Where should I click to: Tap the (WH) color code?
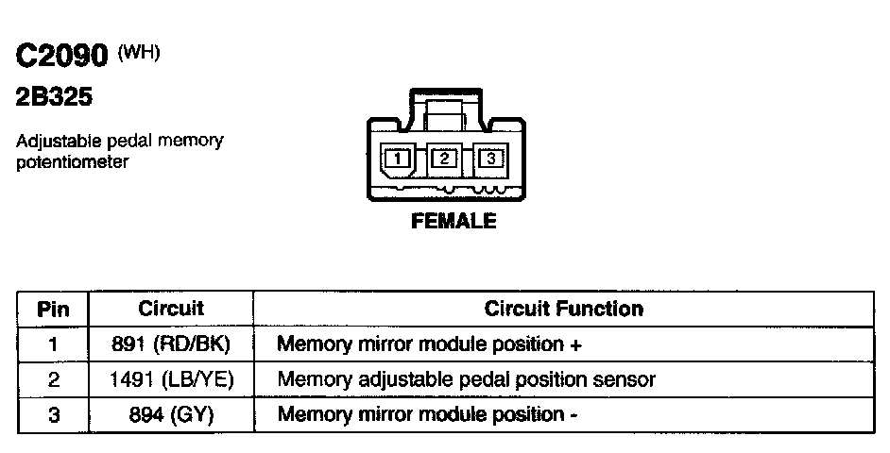pos(138,53)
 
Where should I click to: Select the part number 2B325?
pos(54,98)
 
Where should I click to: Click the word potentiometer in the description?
pos(72,161)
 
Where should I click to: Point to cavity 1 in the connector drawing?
pos(398,159)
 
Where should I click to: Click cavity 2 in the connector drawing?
pos(444,159)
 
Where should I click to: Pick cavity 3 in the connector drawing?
pos(490,159)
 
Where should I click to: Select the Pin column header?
pos(53,309)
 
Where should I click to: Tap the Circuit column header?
pos(171,309)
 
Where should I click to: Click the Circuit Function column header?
pos(563,309)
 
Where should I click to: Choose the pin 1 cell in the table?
pos(53,344)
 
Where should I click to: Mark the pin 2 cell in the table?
pos(53,379)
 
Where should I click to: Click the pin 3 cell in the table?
pos(53,414)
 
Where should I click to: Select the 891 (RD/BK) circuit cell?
pos(171,344)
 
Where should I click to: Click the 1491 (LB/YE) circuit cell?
pos(171,379)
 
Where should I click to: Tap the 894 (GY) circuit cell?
pos(171,414)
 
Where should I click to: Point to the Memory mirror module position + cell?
pos(429,344)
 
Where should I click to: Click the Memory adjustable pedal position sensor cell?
pos(466,379)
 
